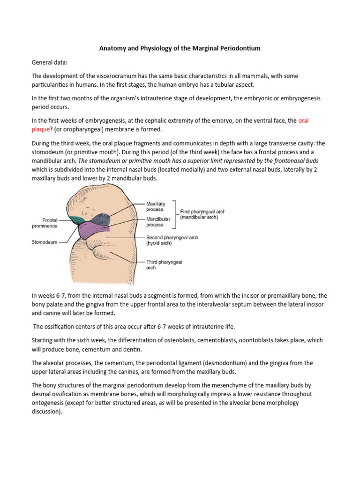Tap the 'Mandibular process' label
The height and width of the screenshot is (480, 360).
coord(158,222)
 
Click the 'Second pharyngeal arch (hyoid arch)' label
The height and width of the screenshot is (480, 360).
coord(172,240)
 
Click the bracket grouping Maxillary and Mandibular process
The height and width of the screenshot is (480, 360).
coord(175,214)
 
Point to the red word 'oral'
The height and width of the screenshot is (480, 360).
coord(304,120)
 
